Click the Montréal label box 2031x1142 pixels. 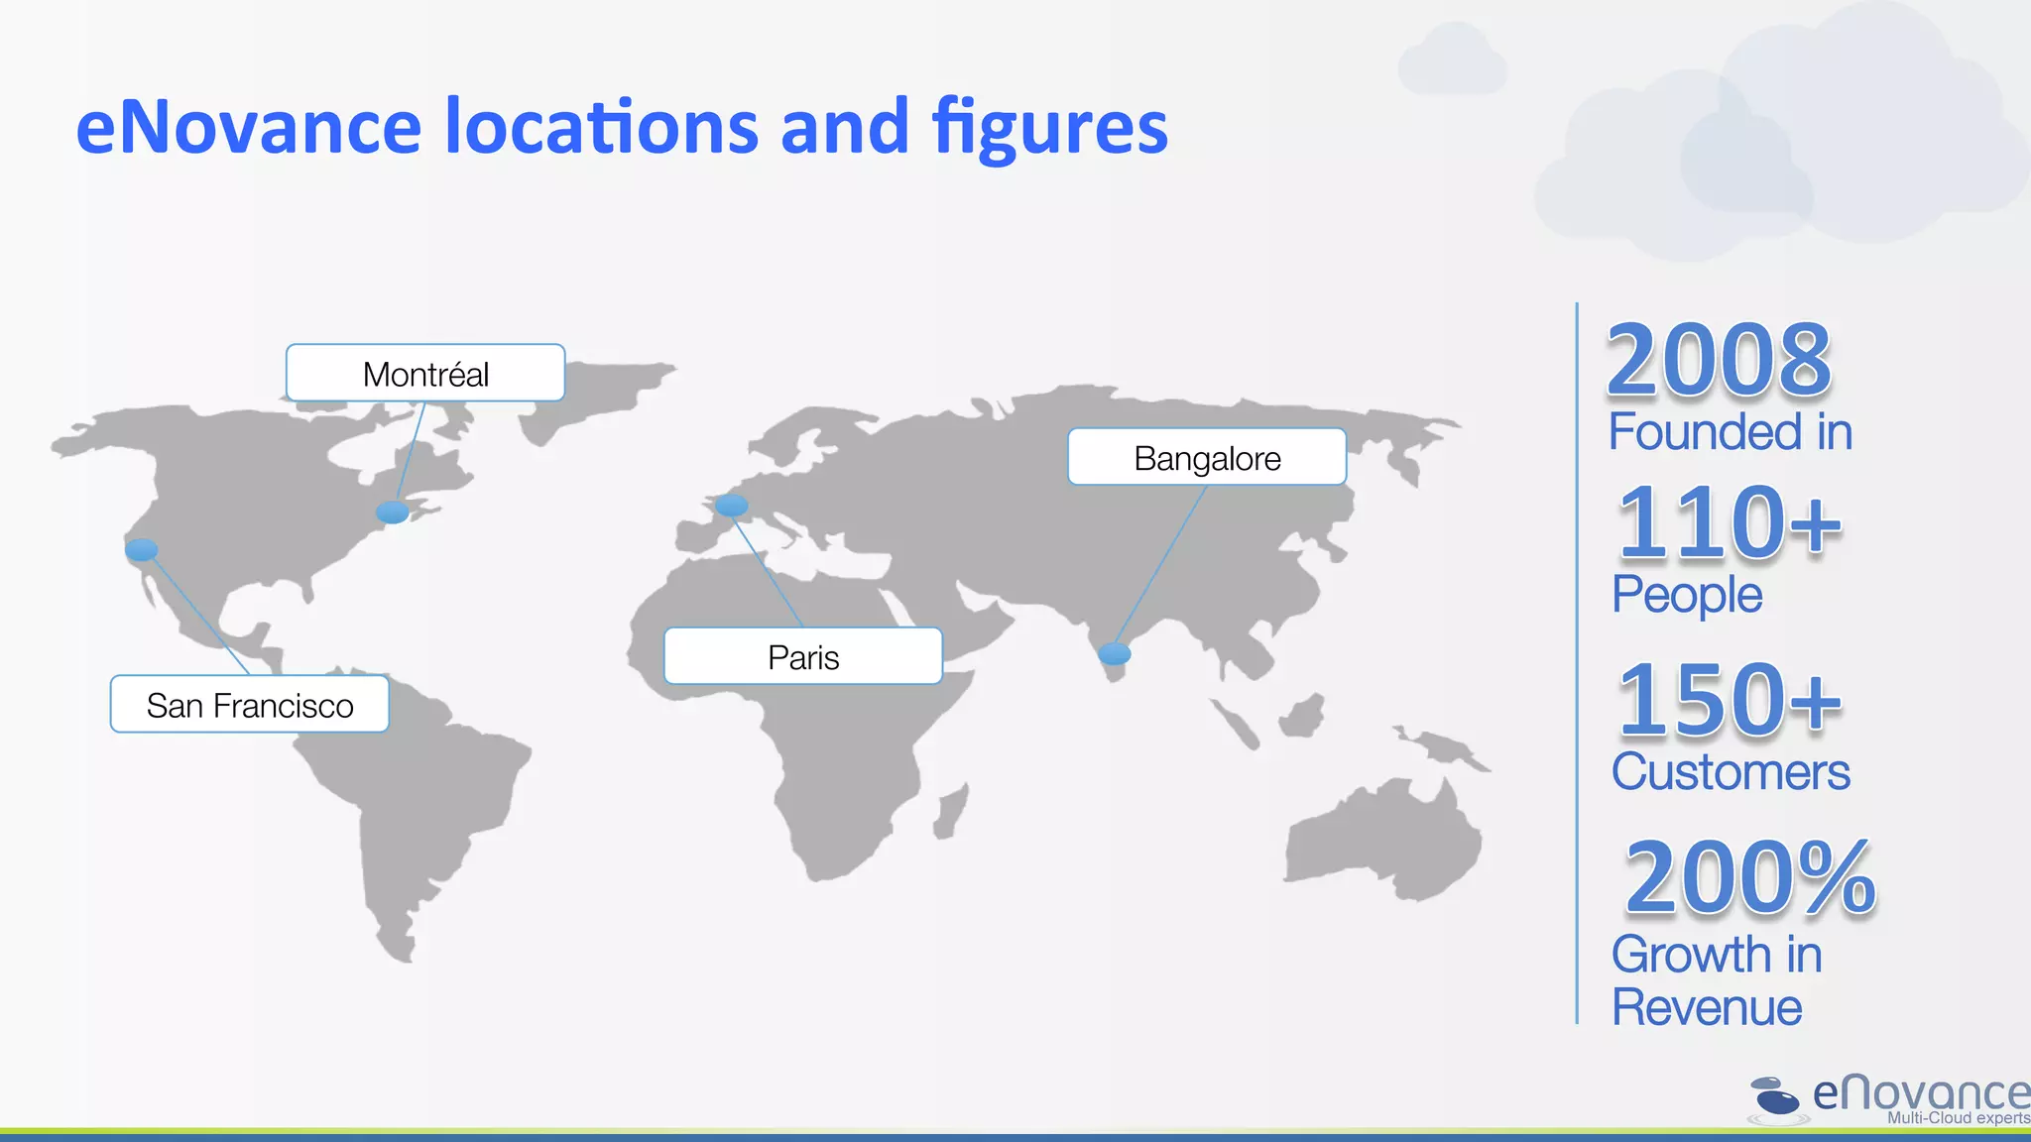[425, 374]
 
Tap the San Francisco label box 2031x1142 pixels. [249, 705]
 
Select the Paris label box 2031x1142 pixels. [803, 656]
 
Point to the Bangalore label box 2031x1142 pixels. [1207, 457]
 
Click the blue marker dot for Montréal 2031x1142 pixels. [393, 512]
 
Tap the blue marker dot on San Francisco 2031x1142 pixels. [142, 549]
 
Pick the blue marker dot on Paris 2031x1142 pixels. [732, 506]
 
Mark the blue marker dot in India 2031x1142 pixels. [1115, 653]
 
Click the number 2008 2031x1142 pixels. [1719, 360]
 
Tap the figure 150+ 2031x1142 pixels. [1729, 701]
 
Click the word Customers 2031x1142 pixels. [1731, 772]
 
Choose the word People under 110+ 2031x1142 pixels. [1687, 595]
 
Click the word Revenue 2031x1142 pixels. [1707, 1007]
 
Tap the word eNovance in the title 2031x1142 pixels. [249, 127]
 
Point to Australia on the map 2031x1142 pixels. [1383, 843]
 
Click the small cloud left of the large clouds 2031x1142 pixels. [1453, 61]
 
